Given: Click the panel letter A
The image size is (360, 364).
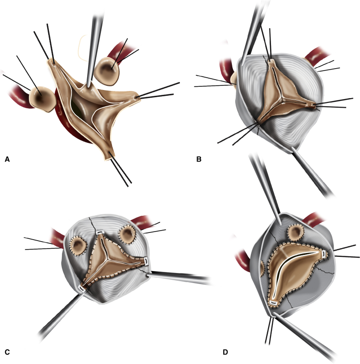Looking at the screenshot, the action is click(7, 159).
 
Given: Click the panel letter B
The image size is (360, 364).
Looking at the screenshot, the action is click(199, 159).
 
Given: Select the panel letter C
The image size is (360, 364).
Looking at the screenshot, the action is click(7, 352).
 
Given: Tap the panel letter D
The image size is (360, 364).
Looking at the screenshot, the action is click(225, 352).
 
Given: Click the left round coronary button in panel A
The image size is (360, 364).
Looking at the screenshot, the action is click(42, 99).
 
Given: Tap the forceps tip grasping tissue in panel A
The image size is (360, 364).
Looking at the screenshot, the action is click(88, 86).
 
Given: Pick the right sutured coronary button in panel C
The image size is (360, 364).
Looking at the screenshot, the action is click(127, 234).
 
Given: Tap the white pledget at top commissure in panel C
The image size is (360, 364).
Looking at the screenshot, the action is click(100, 233).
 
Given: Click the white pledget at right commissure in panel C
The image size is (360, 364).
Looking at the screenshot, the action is click(146, 261).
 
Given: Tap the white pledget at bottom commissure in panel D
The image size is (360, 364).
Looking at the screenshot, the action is click(274, 303).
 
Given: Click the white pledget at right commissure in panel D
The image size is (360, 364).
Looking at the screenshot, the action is click(324, 254).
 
